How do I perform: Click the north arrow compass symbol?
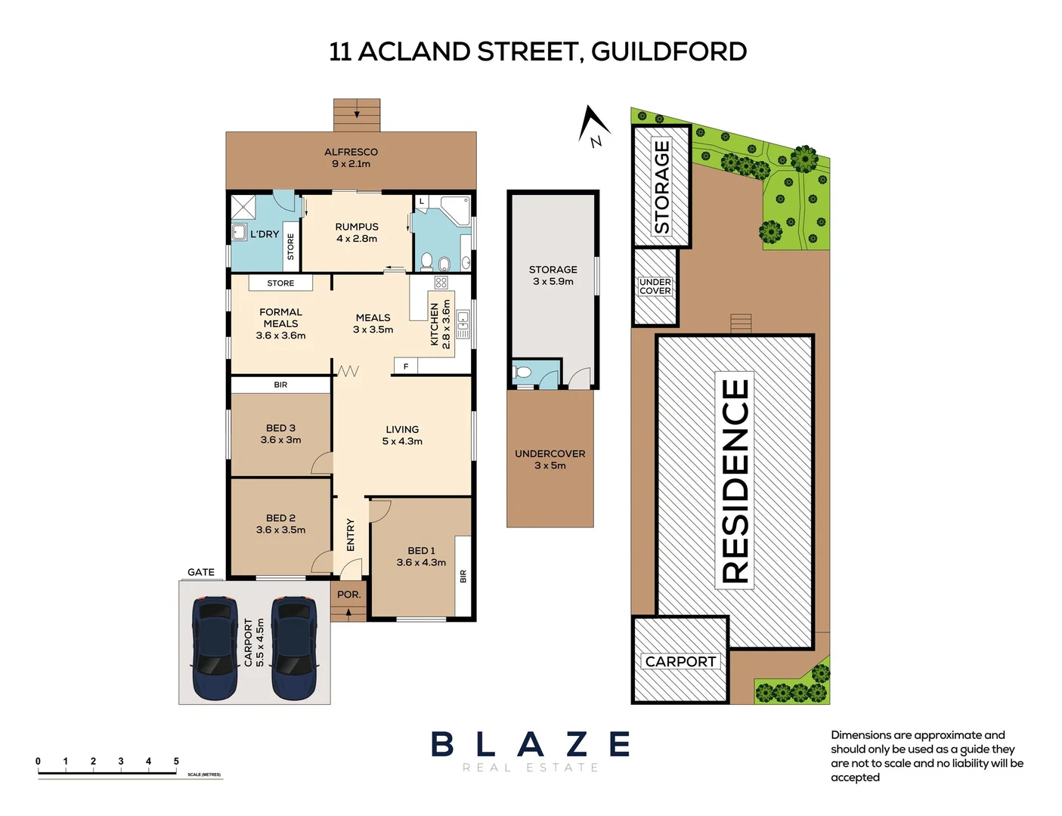pos(594,125)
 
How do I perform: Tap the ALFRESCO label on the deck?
pos(351,152)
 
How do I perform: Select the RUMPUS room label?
pos(357,227)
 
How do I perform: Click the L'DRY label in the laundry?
pos(265,234)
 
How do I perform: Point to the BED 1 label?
pos(421,551)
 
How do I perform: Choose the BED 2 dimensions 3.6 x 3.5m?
pos(280,530)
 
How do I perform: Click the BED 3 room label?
pos(280,428)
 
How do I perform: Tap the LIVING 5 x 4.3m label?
pos(402,435)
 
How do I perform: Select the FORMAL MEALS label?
pos(280,317)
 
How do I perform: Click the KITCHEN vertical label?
pos(435,324)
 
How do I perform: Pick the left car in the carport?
pos(215,648)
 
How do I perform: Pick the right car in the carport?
pos(294,648)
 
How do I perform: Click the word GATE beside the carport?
pos(201,572)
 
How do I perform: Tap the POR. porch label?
pos(348,595)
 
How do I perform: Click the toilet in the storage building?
pos(522,372)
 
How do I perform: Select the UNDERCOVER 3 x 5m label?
pos(550,459)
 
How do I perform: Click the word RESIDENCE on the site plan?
pos(735,481)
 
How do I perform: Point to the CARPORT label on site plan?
pos(680,662)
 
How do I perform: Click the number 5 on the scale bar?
pos(176,762)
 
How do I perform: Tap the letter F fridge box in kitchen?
pos(406,366)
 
